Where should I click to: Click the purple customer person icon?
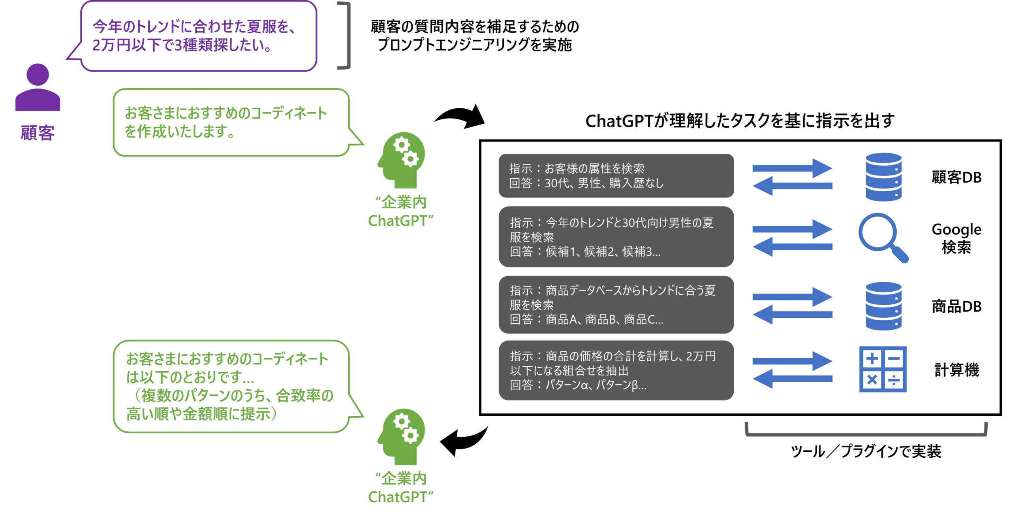coord(38,88)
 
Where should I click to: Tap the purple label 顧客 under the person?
coord(38,133)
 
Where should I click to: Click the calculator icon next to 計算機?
coord(883,369)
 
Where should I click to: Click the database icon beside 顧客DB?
coord(883,177)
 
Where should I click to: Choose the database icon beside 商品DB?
coord(883,306)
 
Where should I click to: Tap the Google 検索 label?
coord(956,238)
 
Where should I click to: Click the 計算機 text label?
coord(957,370)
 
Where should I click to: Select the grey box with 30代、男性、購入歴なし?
coord(616,176)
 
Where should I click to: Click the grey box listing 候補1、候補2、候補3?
coord(616,237)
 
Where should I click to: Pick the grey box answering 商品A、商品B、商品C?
coord(616,305)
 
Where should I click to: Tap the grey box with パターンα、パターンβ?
coord(616,370)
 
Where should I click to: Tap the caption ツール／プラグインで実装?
coord(866,451)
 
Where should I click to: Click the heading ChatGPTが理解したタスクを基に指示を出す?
coord(740,121)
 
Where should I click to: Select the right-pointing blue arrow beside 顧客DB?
coord(792,168)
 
